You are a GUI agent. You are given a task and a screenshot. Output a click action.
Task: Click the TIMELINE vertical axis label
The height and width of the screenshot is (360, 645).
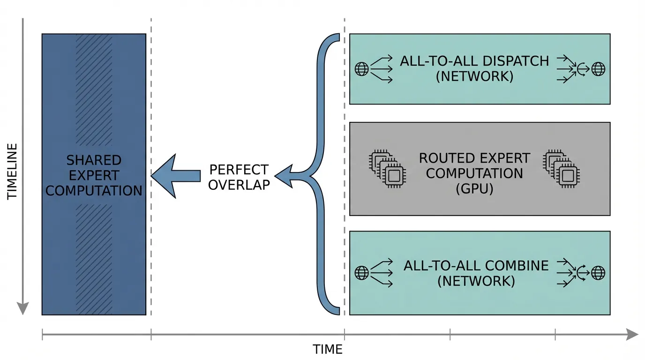(x=12, y=171)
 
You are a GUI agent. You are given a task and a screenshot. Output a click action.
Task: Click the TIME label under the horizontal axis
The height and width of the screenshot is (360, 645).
(x=328, y=349)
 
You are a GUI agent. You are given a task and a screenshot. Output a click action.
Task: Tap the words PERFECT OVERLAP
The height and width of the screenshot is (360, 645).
(x=239, y=177)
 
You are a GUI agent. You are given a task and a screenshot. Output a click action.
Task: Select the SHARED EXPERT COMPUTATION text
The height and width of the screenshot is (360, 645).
(x=94, y=175)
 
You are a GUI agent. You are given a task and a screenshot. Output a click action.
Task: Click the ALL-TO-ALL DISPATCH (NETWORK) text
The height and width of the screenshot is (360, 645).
(x=474, y=68)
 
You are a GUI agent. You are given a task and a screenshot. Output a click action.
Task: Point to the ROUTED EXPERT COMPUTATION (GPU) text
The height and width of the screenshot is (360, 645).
(x=474, y=173)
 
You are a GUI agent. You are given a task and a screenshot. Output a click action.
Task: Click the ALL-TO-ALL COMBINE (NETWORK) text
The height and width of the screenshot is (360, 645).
(x=476, y=273)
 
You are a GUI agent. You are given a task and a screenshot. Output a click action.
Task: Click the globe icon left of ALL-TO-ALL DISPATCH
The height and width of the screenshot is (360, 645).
(x=361, y=69)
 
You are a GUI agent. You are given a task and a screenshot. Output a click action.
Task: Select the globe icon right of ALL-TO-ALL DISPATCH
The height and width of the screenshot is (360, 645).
(x=598, y=69)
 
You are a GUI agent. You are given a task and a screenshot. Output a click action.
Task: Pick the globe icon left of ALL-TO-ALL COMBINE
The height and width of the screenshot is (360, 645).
(x=361, y=273)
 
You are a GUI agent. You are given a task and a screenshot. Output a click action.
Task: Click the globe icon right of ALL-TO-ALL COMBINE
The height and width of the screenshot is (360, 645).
(x=598, y=273)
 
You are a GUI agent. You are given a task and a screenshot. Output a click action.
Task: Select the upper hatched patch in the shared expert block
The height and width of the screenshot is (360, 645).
(x=94, y=89)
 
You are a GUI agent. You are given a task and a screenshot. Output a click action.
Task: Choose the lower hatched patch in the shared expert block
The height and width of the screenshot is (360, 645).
(x=94, y=258)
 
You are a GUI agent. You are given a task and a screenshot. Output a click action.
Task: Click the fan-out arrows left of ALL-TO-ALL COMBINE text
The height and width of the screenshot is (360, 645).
(x=381, y=273)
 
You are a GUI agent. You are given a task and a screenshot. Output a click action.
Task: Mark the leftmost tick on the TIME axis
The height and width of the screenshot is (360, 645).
(x=43, y=334)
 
